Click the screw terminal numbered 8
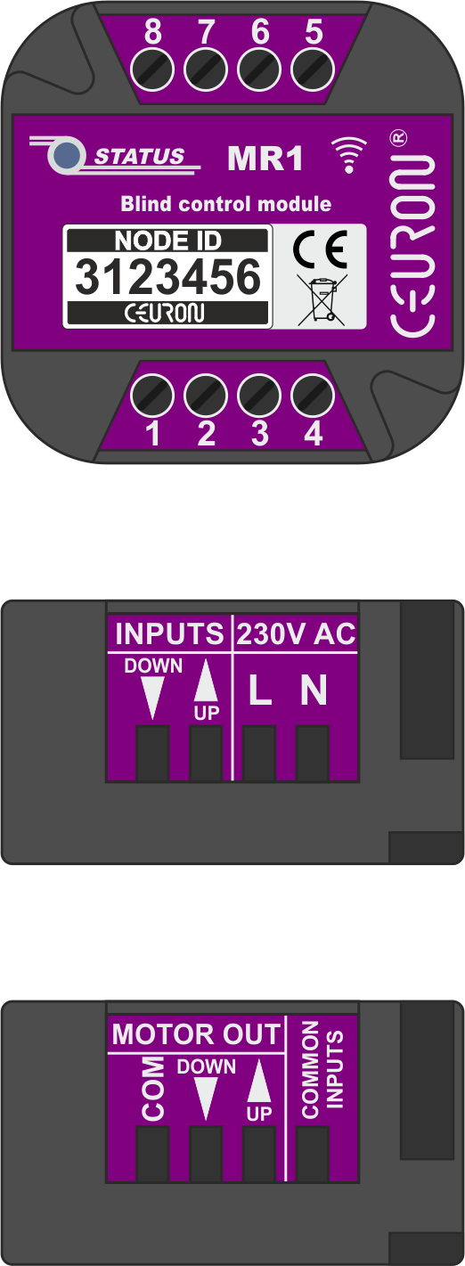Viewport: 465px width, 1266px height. click(152, 70)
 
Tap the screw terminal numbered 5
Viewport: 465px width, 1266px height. click(313, 70)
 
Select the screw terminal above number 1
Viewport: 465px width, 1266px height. click(152, 395)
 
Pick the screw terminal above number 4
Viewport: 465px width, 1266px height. click(313, 395)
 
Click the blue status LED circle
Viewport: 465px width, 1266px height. click(66, 154)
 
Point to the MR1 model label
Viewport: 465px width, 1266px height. click(265, 159)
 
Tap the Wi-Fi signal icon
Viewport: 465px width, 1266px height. click(348, 154)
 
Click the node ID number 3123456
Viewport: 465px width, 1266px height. click(167, 276)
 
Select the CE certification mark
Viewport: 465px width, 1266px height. click(320, 249)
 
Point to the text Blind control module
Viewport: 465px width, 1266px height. click(226, 204)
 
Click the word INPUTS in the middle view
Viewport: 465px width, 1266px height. click(169, 633)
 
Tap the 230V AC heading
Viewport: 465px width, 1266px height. click(296, 633)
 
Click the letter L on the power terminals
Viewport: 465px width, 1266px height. click(260, 690)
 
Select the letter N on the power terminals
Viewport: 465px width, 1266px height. click(314, 690)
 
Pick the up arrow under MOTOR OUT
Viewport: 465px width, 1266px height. click(259, 1080)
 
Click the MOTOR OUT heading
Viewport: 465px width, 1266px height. click(196, 1034)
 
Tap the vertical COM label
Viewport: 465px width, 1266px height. click(153, 1088)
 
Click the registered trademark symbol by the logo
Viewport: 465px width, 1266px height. click(399, 137)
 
